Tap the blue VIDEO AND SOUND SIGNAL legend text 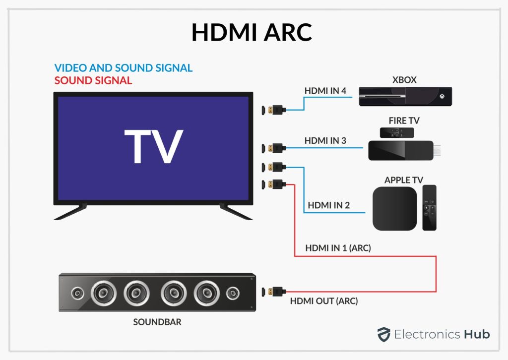pos(123,68)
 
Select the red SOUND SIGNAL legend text pos(93,80)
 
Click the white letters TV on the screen pos(153,147)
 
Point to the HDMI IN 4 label pos(324,91)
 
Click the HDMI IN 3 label pos(325,141)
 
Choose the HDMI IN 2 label pos(329,204)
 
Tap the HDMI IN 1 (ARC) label pos(338,248)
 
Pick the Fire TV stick pos(402,150)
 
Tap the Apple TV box pos(394,209)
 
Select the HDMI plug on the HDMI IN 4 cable pos(273,110)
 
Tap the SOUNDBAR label pos(157,322)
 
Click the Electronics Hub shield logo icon pos(383,334)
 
